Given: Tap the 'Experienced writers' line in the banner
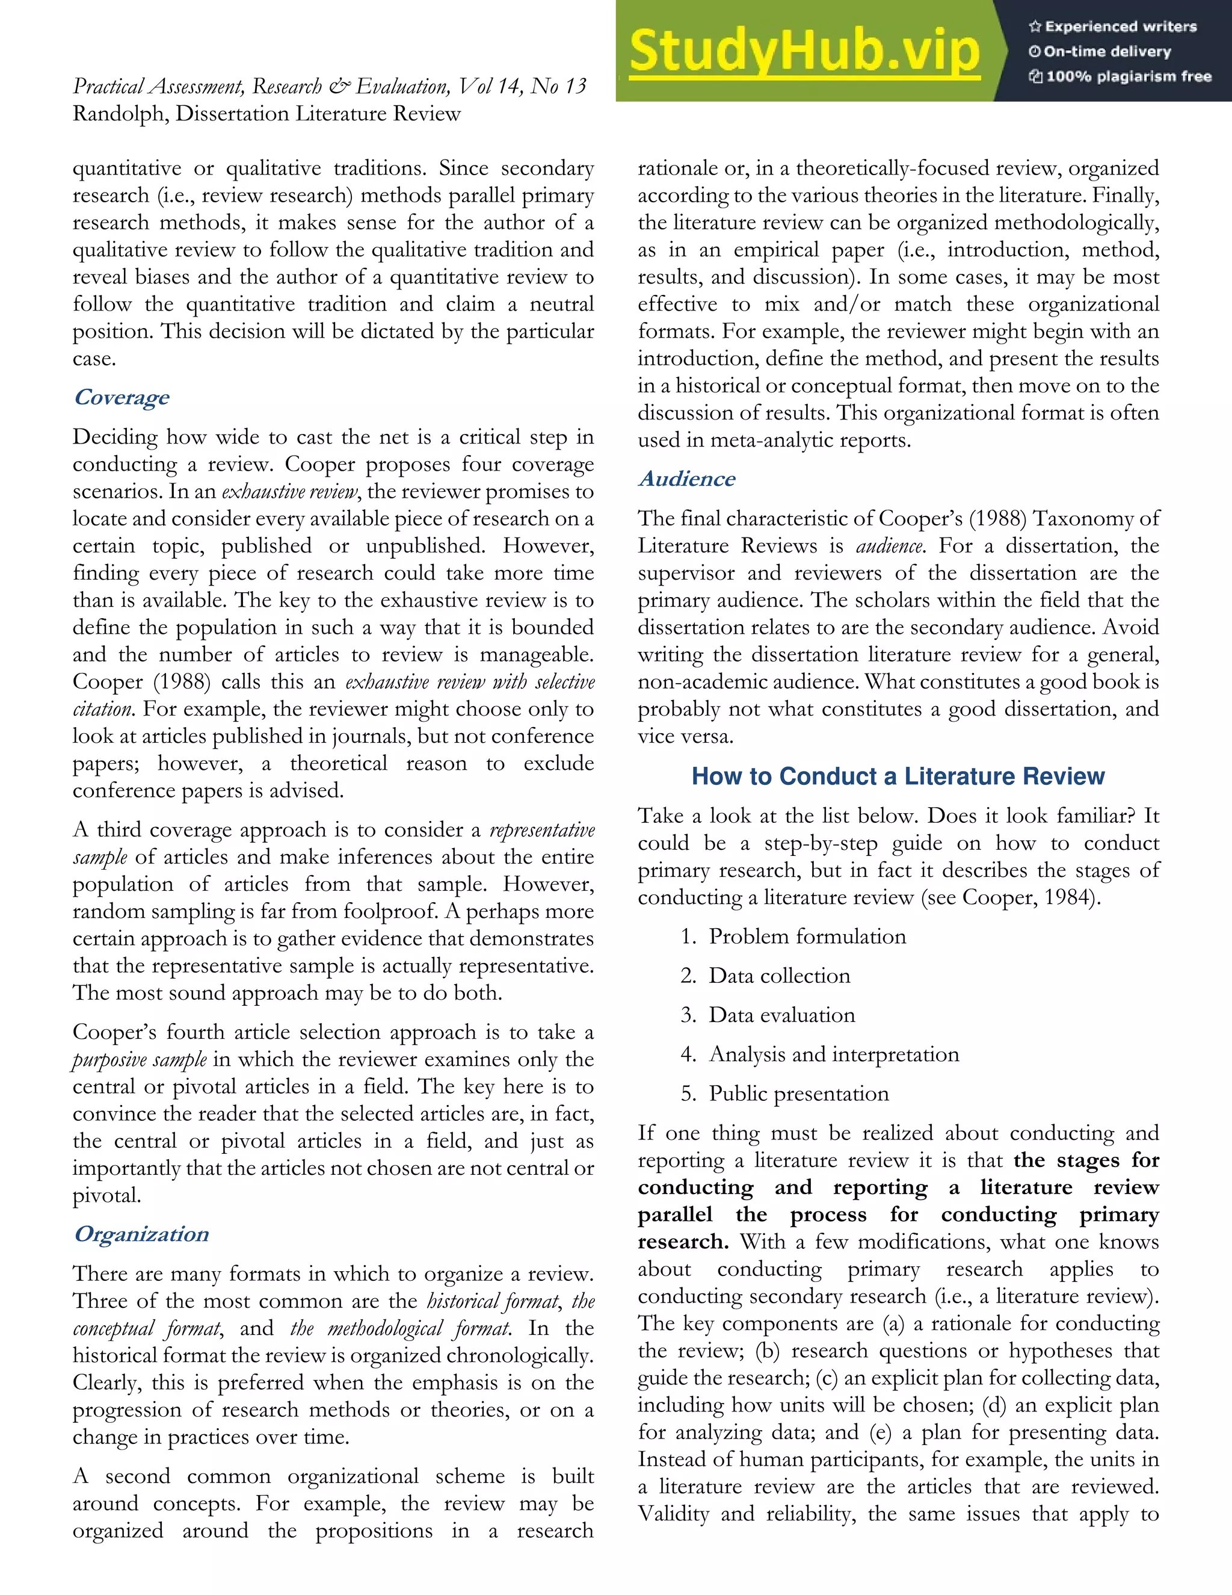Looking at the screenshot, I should pyautogui.click(x=1113, y=27).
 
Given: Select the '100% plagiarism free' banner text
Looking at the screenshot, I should pyautogui.click(x=1120, y=76).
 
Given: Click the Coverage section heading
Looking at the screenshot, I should pyautogui.click(x=121, y=397).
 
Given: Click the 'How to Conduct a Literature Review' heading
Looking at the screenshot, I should pyautogui.click(x=898, y=776).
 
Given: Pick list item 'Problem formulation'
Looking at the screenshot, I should pyautogui.click(x=807, y=937).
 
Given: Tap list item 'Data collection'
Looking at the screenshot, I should pyautogui.click(x=779, y=976).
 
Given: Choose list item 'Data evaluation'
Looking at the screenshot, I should pyautogui.click(x=781, y=1015).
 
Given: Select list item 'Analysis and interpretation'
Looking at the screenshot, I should pyautogui.click(x=834, y=1055).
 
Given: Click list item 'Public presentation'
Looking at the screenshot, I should pyautogui.click(x=798, y=1094).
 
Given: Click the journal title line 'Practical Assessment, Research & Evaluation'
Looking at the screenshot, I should pyautogui.click(x=329, y=86).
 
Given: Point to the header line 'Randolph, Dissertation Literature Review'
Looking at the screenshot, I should pyautogui.click(x=266, y=114).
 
